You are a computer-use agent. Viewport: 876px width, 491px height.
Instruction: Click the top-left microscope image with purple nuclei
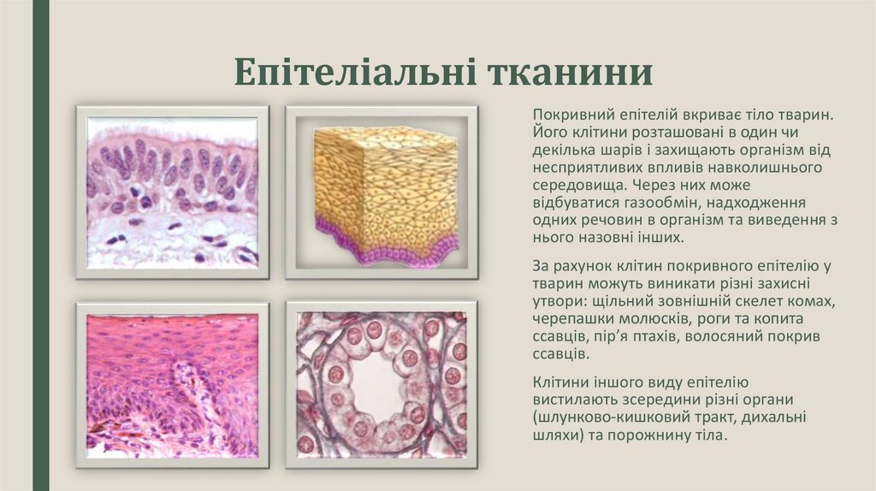click(x=172, y=192)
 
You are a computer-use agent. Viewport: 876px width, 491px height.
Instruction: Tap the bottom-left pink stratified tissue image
click(x=172, y=384)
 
